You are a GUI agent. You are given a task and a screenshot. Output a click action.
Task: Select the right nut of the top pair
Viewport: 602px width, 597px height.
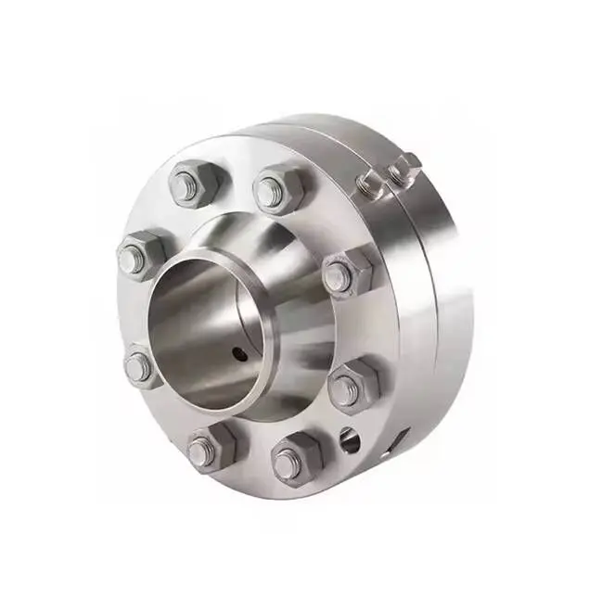(277, 188)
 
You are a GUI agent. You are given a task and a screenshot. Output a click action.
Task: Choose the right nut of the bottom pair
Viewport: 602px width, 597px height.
(294, 458)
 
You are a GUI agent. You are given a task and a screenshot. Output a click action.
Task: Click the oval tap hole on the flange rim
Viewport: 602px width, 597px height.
(350, 440)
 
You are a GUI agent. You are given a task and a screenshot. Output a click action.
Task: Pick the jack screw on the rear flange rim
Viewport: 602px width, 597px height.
(403, 169)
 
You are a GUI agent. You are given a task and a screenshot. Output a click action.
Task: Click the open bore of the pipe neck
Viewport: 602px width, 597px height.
(199, 324)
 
